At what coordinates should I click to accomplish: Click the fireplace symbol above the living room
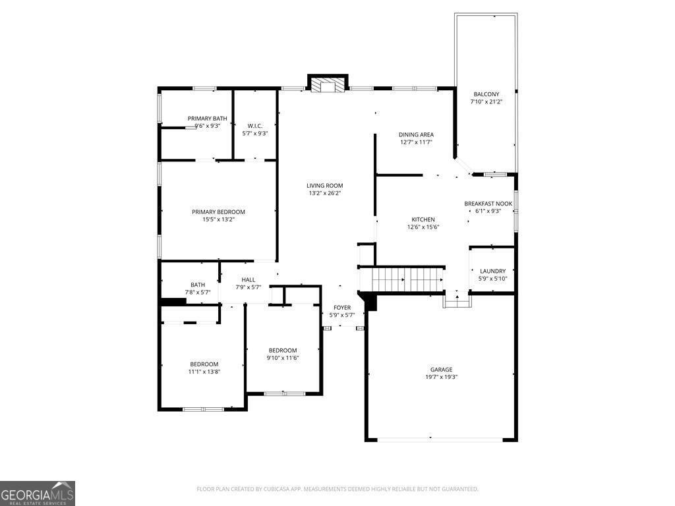tap(328, 82)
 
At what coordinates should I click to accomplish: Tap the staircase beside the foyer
tap(407, 279)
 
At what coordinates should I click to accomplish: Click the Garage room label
tap(441, 370)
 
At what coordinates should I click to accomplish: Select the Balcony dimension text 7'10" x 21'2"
tap(486, 102)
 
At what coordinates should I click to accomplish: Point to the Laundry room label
tap(493, 271)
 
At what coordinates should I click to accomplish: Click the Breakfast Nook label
tap(488, 204)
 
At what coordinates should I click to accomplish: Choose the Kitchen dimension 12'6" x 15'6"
tap(423, 227)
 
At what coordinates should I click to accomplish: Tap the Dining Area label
tap(416, 134)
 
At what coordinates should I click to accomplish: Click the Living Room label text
tap(324, 186)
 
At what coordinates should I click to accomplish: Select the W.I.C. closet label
tap(255, 126)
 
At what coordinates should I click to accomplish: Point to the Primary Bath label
tap(208, 119)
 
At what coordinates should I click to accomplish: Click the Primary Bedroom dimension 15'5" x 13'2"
tap(218, 219)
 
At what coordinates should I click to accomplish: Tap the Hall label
tap(249, 280)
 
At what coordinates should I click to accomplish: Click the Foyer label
tap(342, 308)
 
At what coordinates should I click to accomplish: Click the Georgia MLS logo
tap(38, 493)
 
